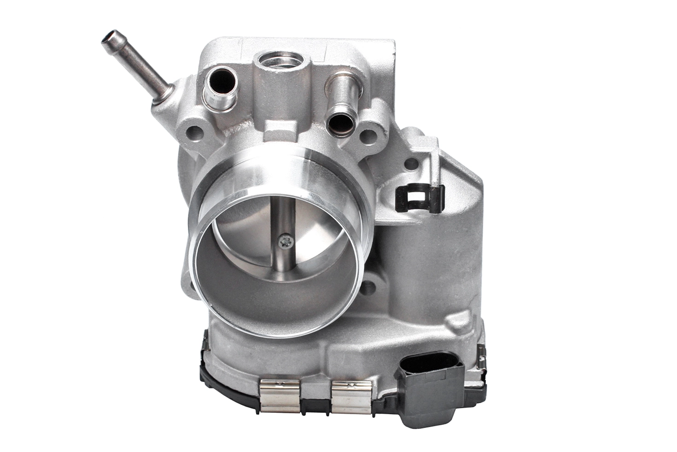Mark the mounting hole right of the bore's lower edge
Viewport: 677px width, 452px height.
pos(368,288)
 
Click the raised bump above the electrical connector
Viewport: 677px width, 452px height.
pos(465,318)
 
